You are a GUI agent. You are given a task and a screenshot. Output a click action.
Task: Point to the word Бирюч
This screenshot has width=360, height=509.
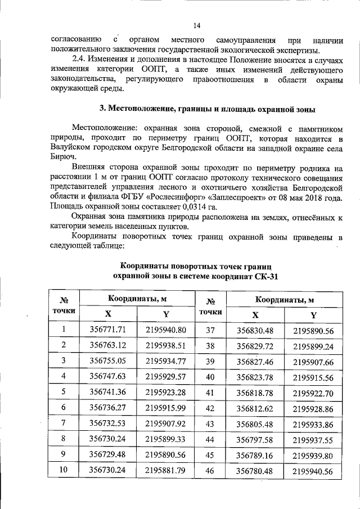61,158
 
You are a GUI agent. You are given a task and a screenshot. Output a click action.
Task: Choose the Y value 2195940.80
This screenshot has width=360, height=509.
165,330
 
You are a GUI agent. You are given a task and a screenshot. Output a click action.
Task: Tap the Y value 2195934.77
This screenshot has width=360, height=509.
165,361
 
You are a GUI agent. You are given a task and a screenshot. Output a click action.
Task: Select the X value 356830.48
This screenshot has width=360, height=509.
255,330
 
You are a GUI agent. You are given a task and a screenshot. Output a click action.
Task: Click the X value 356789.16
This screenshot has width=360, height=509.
255,453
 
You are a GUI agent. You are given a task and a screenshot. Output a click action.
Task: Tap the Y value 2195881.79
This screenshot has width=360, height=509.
165,469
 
